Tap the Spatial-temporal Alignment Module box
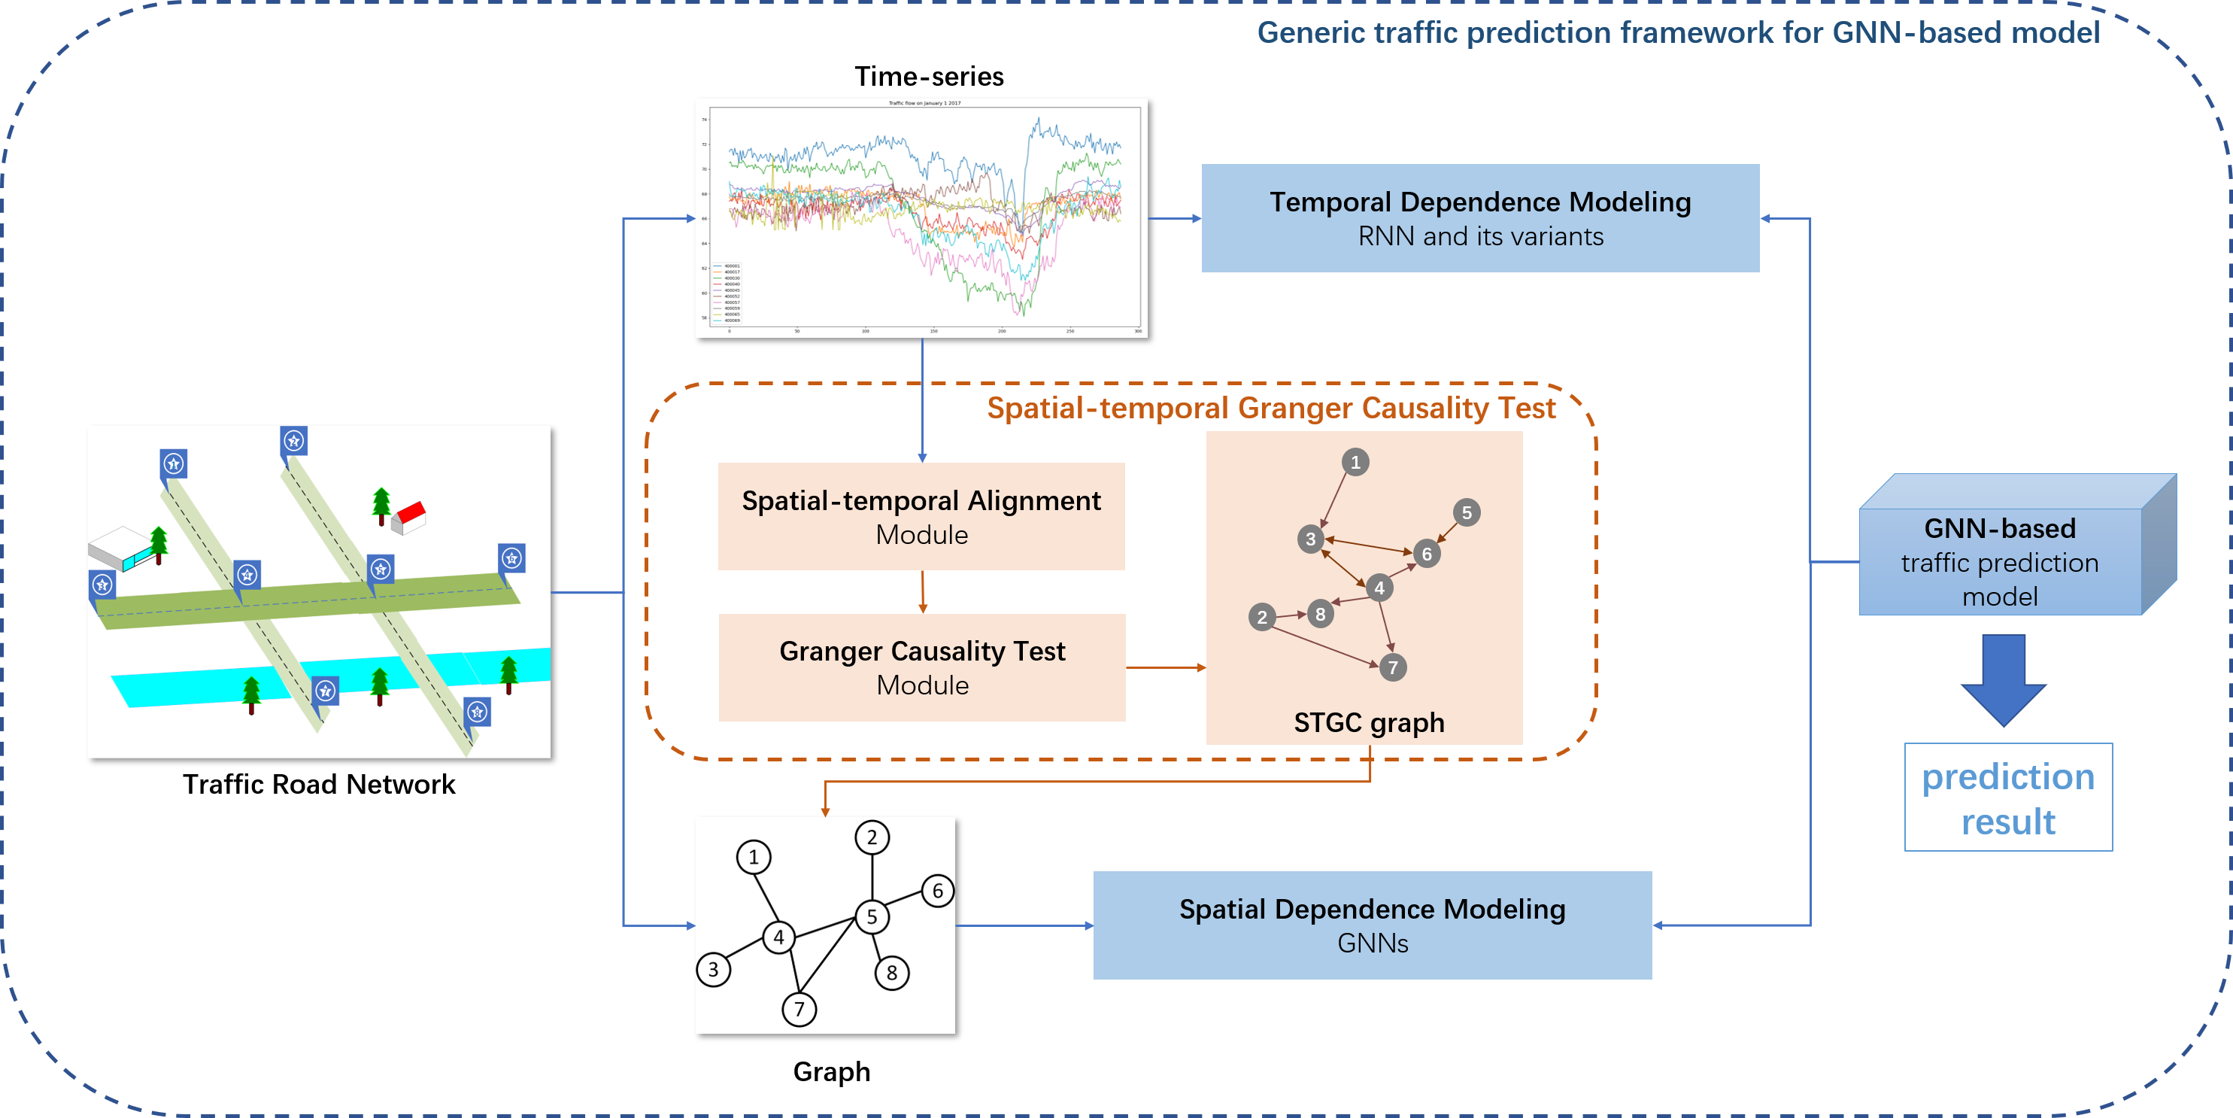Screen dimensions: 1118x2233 tap(921, 516)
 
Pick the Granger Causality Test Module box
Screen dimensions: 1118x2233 tap(921, 667)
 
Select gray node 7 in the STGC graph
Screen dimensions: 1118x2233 tap(1392, 667)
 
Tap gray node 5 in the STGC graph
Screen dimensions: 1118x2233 tap(1466, 512)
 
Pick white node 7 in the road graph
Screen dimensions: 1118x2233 tap(799, 1009)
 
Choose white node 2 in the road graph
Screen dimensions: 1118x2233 tap(871, 837)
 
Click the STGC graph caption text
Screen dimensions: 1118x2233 tap(1368, 722)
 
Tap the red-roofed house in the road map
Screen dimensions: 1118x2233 tap(409, 516)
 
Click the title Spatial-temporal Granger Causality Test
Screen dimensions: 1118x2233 tap(1271, 408)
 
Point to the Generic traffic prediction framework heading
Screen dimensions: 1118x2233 tap(1677, 33)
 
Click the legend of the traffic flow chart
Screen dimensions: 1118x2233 tap(727, 293)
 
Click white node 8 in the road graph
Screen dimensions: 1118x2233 tap(891, 972)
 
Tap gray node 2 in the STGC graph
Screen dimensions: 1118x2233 tap(1261, 617)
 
